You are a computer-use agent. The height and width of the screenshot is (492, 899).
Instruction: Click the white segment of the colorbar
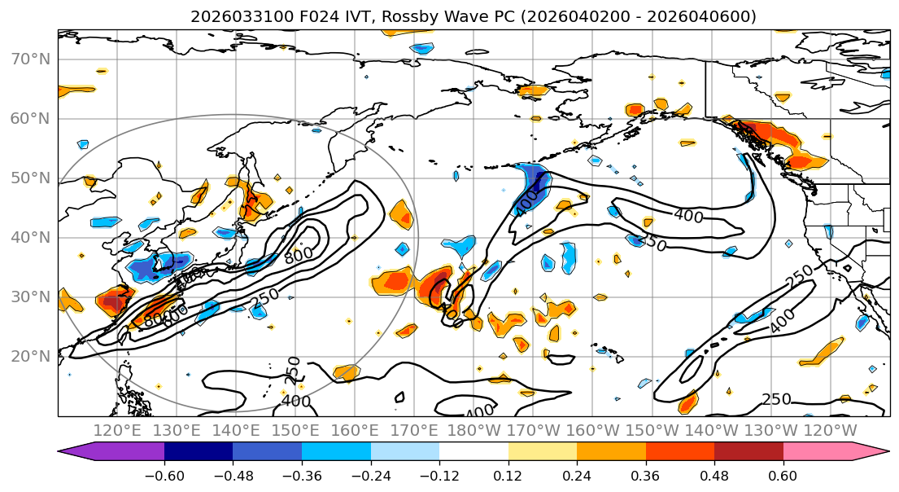coord(474,452)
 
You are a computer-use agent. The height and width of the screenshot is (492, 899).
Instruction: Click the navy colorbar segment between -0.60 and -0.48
coord(199,452)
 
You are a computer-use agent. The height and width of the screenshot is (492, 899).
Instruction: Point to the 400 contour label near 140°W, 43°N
coord(688,216)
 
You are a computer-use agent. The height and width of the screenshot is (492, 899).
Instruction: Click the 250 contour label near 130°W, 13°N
coord(776,399)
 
